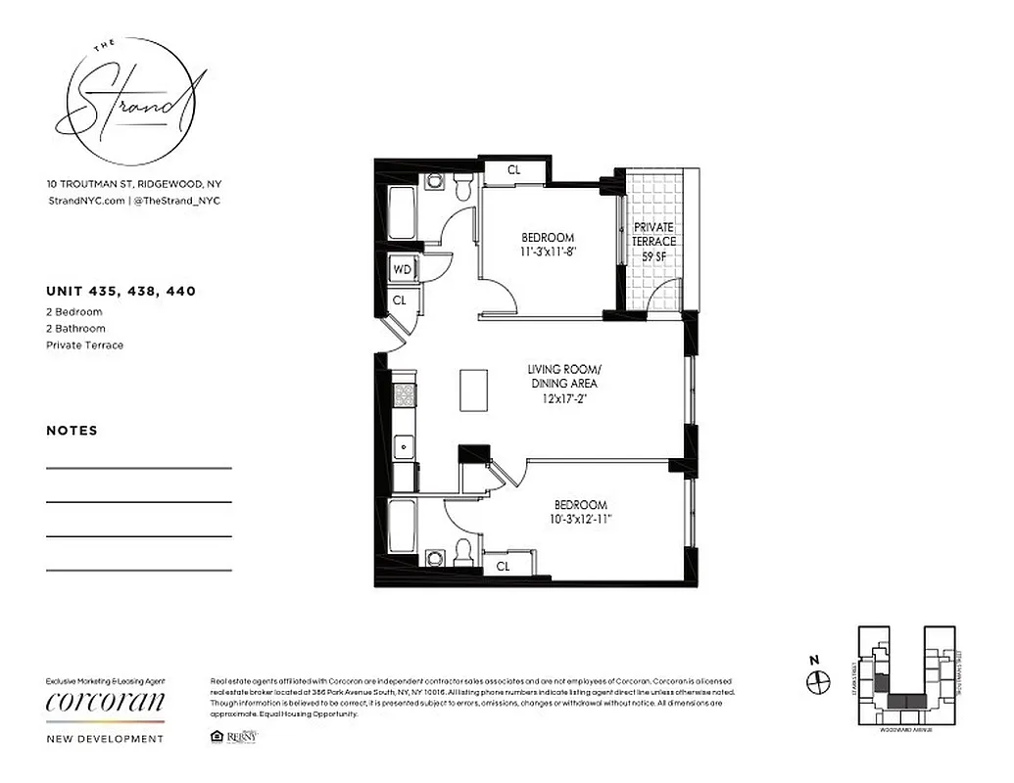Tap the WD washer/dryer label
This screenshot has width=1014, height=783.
coord(402,269)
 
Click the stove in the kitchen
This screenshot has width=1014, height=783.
coord(404,395)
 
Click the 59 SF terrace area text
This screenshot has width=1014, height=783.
coord(654,255)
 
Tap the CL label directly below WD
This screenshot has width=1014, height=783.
coord(400,300)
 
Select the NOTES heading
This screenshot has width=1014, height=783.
coord(72,431)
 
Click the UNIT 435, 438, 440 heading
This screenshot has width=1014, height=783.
coord(121,291)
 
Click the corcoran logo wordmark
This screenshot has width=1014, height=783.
coord(106,702)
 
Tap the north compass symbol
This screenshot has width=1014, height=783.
coord(818,682)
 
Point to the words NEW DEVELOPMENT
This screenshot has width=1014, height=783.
coord(106,739)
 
